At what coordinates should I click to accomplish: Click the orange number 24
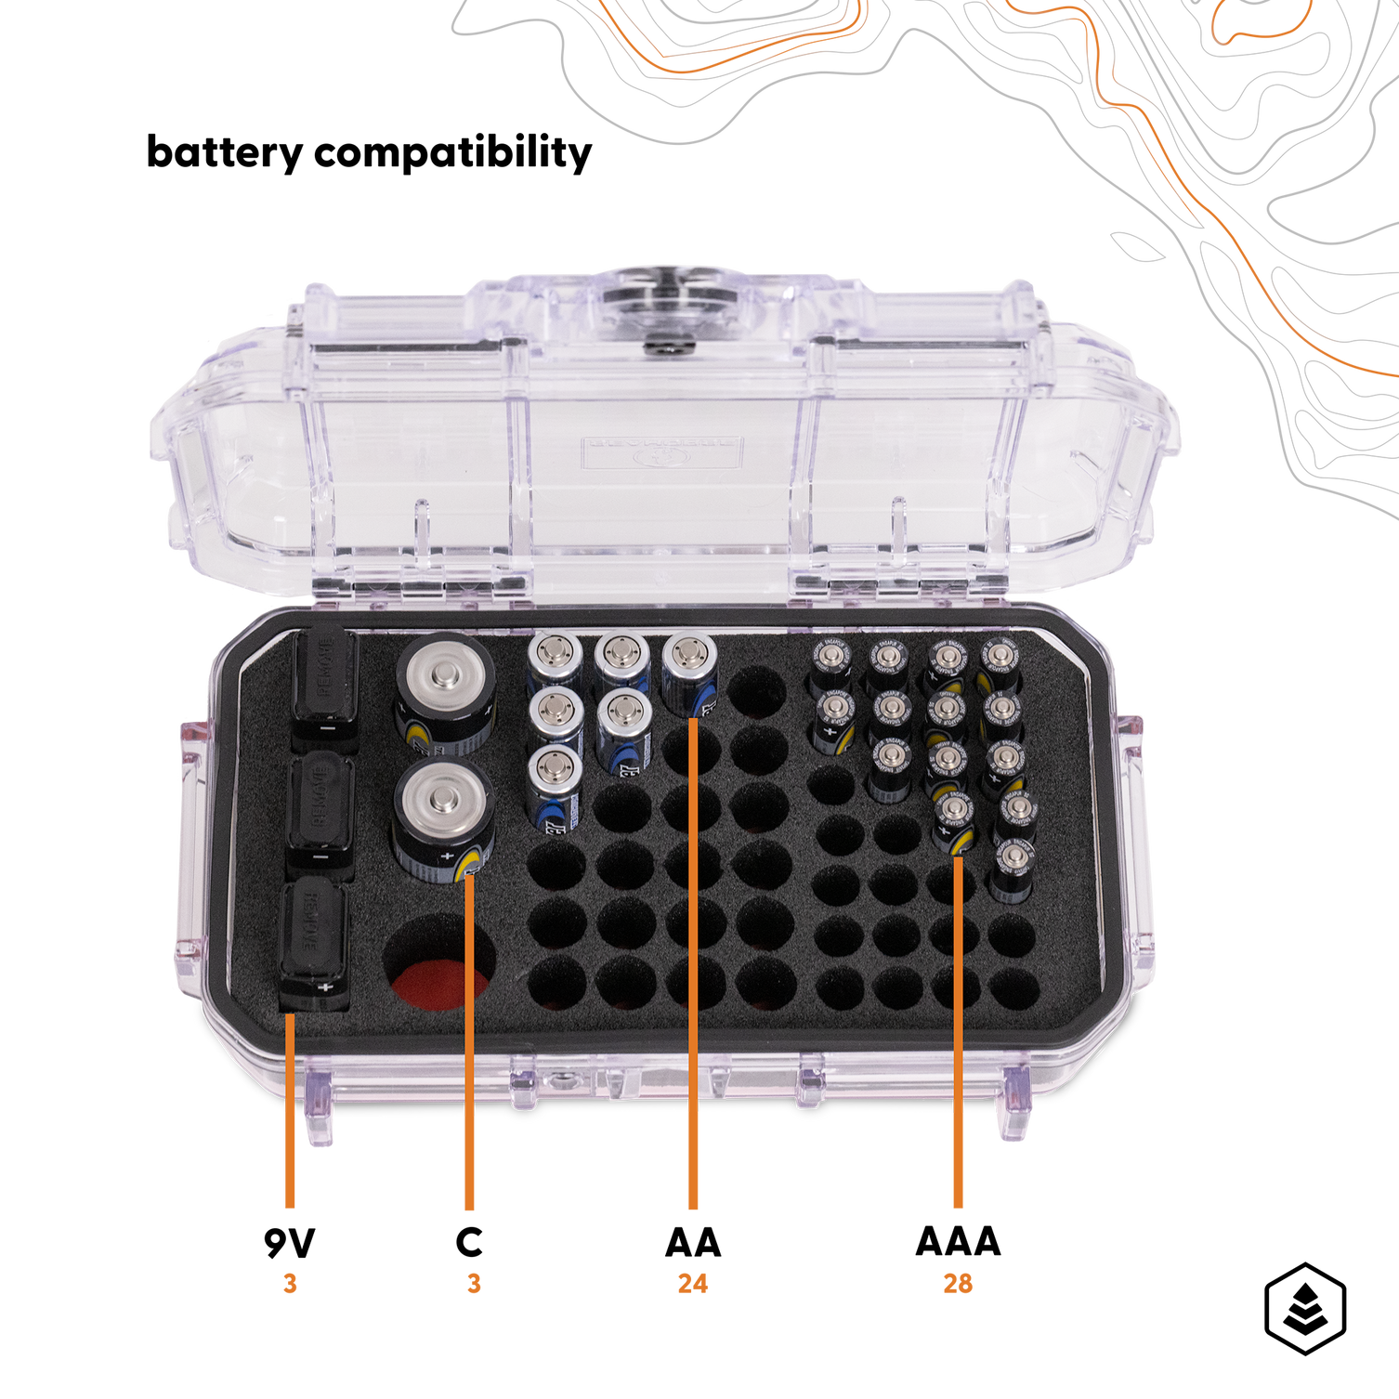click(x=692, y=1284)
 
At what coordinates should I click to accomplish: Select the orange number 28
click(x=958, y=1284)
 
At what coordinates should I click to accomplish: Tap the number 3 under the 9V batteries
click(x=290, y=1284)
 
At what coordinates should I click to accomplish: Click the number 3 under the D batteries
click(x=474, y=1284)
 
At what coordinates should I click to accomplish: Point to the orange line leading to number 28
click(x=958, y=1031)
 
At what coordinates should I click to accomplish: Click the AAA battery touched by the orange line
click(x=954, y=824)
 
